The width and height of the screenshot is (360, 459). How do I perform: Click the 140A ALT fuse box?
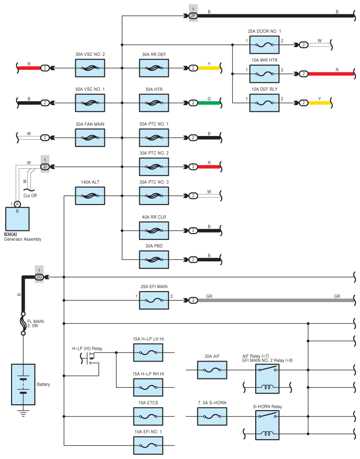[x=90, y=196]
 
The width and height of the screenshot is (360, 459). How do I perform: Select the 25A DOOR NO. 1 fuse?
[x=264, y=45]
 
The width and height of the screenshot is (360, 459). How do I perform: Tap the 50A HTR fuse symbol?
[x=154, y=103]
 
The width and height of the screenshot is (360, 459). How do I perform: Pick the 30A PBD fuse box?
[x=154, y=259]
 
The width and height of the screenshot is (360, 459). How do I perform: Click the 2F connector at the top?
[x=193, y=16]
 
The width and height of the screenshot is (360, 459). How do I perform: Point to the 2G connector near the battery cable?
[x=39, y=277]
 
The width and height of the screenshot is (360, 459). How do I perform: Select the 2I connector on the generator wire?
[x=45, y=167]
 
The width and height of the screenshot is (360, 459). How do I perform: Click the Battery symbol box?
[x=23, y=384]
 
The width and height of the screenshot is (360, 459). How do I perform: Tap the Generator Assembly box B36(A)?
[x=17, y=219]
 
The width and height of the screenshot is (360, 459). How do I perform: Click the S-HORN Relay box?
[x=267, y=425]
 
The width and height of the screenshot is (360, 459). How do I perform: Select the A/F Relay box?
[x=267, y=378]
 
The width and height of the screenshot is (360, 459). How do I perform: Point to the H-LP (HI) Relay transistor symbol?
[x=90, y=358]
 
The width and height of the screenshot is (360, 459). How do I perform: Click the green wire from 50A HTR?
[x=209, y=103]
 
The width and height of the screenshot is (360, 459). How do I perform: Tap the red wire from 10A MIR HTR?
[x=331, y=74]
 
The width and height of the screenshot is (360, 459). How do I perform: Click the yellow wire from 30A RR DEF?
[x=209, y=68]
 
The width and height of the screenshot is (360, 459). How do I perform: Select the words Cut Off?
[x=30, y=195]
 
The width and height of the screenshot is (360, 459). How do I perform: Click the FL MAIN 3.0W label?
[x=35, y=323]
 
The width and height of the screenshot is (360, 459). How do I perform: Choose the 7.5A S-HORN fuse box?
[x=212, y=416]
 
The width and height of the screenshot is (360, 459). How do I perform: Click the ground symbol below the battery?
[x=23, y=413]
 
